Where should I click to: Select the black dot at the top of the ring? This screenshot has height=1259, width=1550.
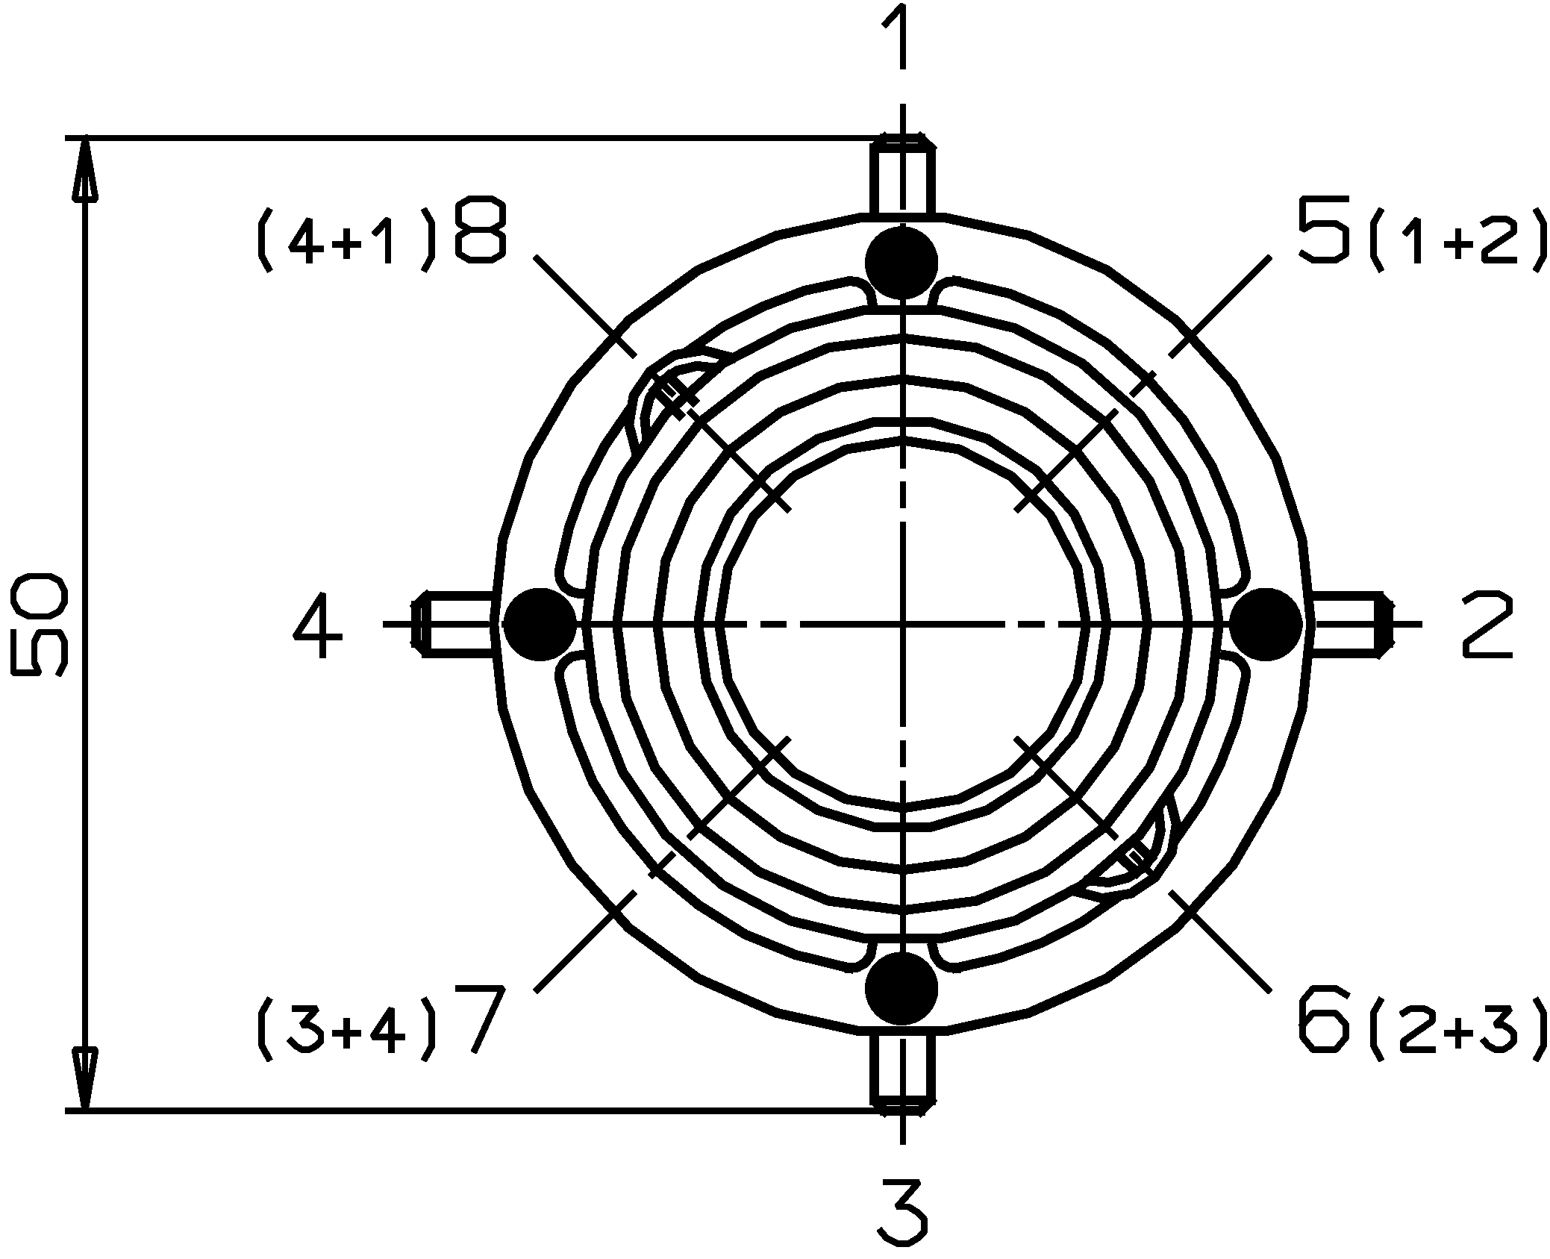901,263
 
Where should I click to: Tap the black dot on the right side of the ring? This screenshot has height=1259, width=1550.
1266,624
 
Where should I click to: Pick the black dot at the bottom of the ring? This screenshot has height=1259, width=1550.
901,987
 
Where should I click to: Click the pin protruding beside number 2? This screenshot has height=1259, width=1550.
1348,624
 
